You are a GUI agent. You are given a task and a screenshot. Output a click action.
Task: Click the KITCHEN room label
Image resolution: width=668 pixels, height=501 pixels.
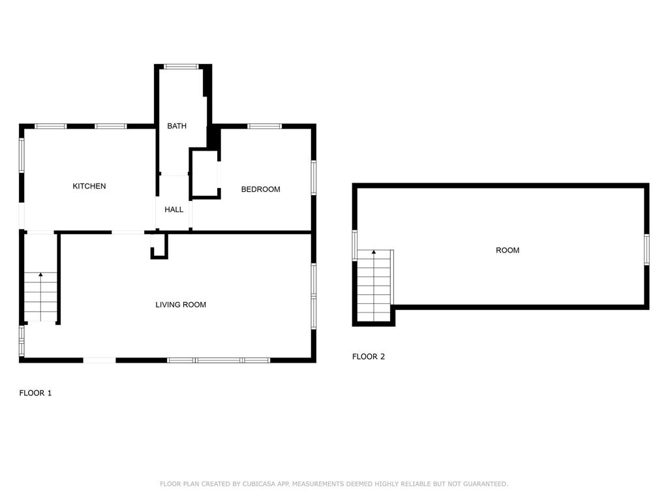click(89, 187)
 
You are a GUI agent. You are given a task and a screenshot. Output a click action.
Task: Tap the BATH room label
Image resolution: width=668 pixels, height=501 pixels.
click(177, 126)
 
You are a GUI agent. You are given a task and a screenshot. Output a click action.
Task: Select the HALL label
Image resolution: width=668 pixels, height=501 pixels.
click(174, 209)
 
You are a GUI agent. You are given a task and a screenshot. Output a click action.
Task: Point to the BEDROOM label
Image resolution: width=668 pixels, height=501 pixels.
click(260, 189)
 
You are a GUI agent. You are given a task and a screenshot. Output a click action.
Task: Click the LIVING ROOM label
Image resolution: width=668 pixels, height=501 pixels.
click(181, 305)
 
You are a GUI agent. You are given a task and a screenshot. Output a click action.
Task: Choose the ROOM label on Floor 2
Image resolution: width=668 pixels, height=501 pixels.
click(508, 250)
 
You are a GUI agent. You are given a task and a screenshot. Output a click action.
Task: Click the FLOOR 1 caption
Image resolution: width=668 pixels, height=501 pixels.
click(35, 393)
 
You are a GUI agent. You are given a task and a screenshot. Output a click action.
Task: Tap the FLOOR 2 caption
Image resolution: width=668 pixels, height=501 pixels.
click(369, 357)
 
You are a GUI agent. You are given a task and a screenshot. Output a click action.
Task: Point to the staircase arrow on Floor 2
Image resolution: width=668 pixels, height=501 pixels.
click(374, 252)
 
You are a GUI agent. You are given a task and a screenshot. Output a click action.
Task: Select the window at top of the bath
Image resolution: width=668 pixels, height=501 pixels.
click(181, 67)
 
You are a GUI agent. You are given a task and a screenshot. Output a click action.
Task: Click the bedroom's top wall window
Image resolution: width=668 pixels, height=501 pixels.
click(264, 126)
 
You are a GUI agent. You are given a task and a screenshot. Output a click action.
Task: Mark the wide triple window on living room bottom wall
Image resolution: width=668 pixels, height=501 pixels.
click(219, 360)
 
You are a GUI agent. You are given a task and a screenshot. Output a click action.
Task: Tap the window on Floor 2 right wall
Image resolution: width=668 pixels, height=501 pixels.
click(646, 249)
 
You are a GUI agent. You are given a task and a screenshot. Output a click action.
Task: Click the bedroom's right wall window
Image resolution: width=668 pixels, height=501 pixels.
click(313, 177)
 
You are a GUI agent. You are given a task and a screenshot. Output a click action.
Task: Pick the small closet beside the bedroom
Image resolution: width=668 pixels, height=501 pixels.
click(204, 174)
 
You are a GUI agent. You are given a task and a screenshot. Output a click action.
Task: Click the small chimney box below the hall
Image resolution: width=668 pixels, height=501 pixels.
click(159, 246)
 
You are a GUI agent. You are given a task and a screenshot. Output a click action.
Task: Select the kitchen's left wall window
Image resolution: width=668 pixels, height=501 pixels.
click(22, 155)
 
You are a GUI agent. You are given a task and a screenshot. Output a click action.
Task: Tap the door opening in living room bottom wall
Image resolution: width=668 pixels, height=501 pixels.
click(99, 360)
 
